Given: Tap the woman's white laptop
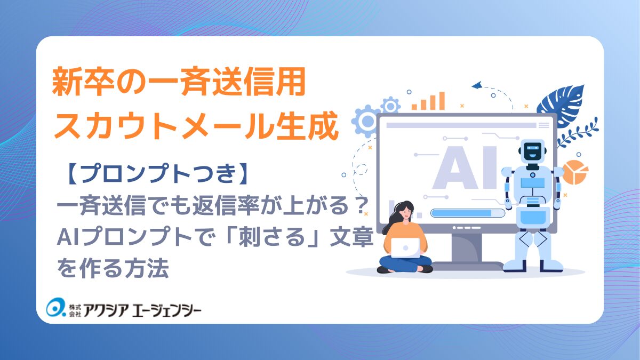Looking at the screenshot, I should [x=405, y=247].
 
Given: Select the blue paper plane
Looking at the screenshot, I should [x=477, y=85].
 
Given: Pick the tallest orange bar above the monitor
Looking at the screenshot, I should [x=441, y=100].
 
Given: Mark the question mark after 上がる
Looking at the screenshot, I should [x=358, y=207].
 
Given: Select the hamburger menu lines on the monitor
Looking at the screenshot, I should [x=544, y=125].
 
